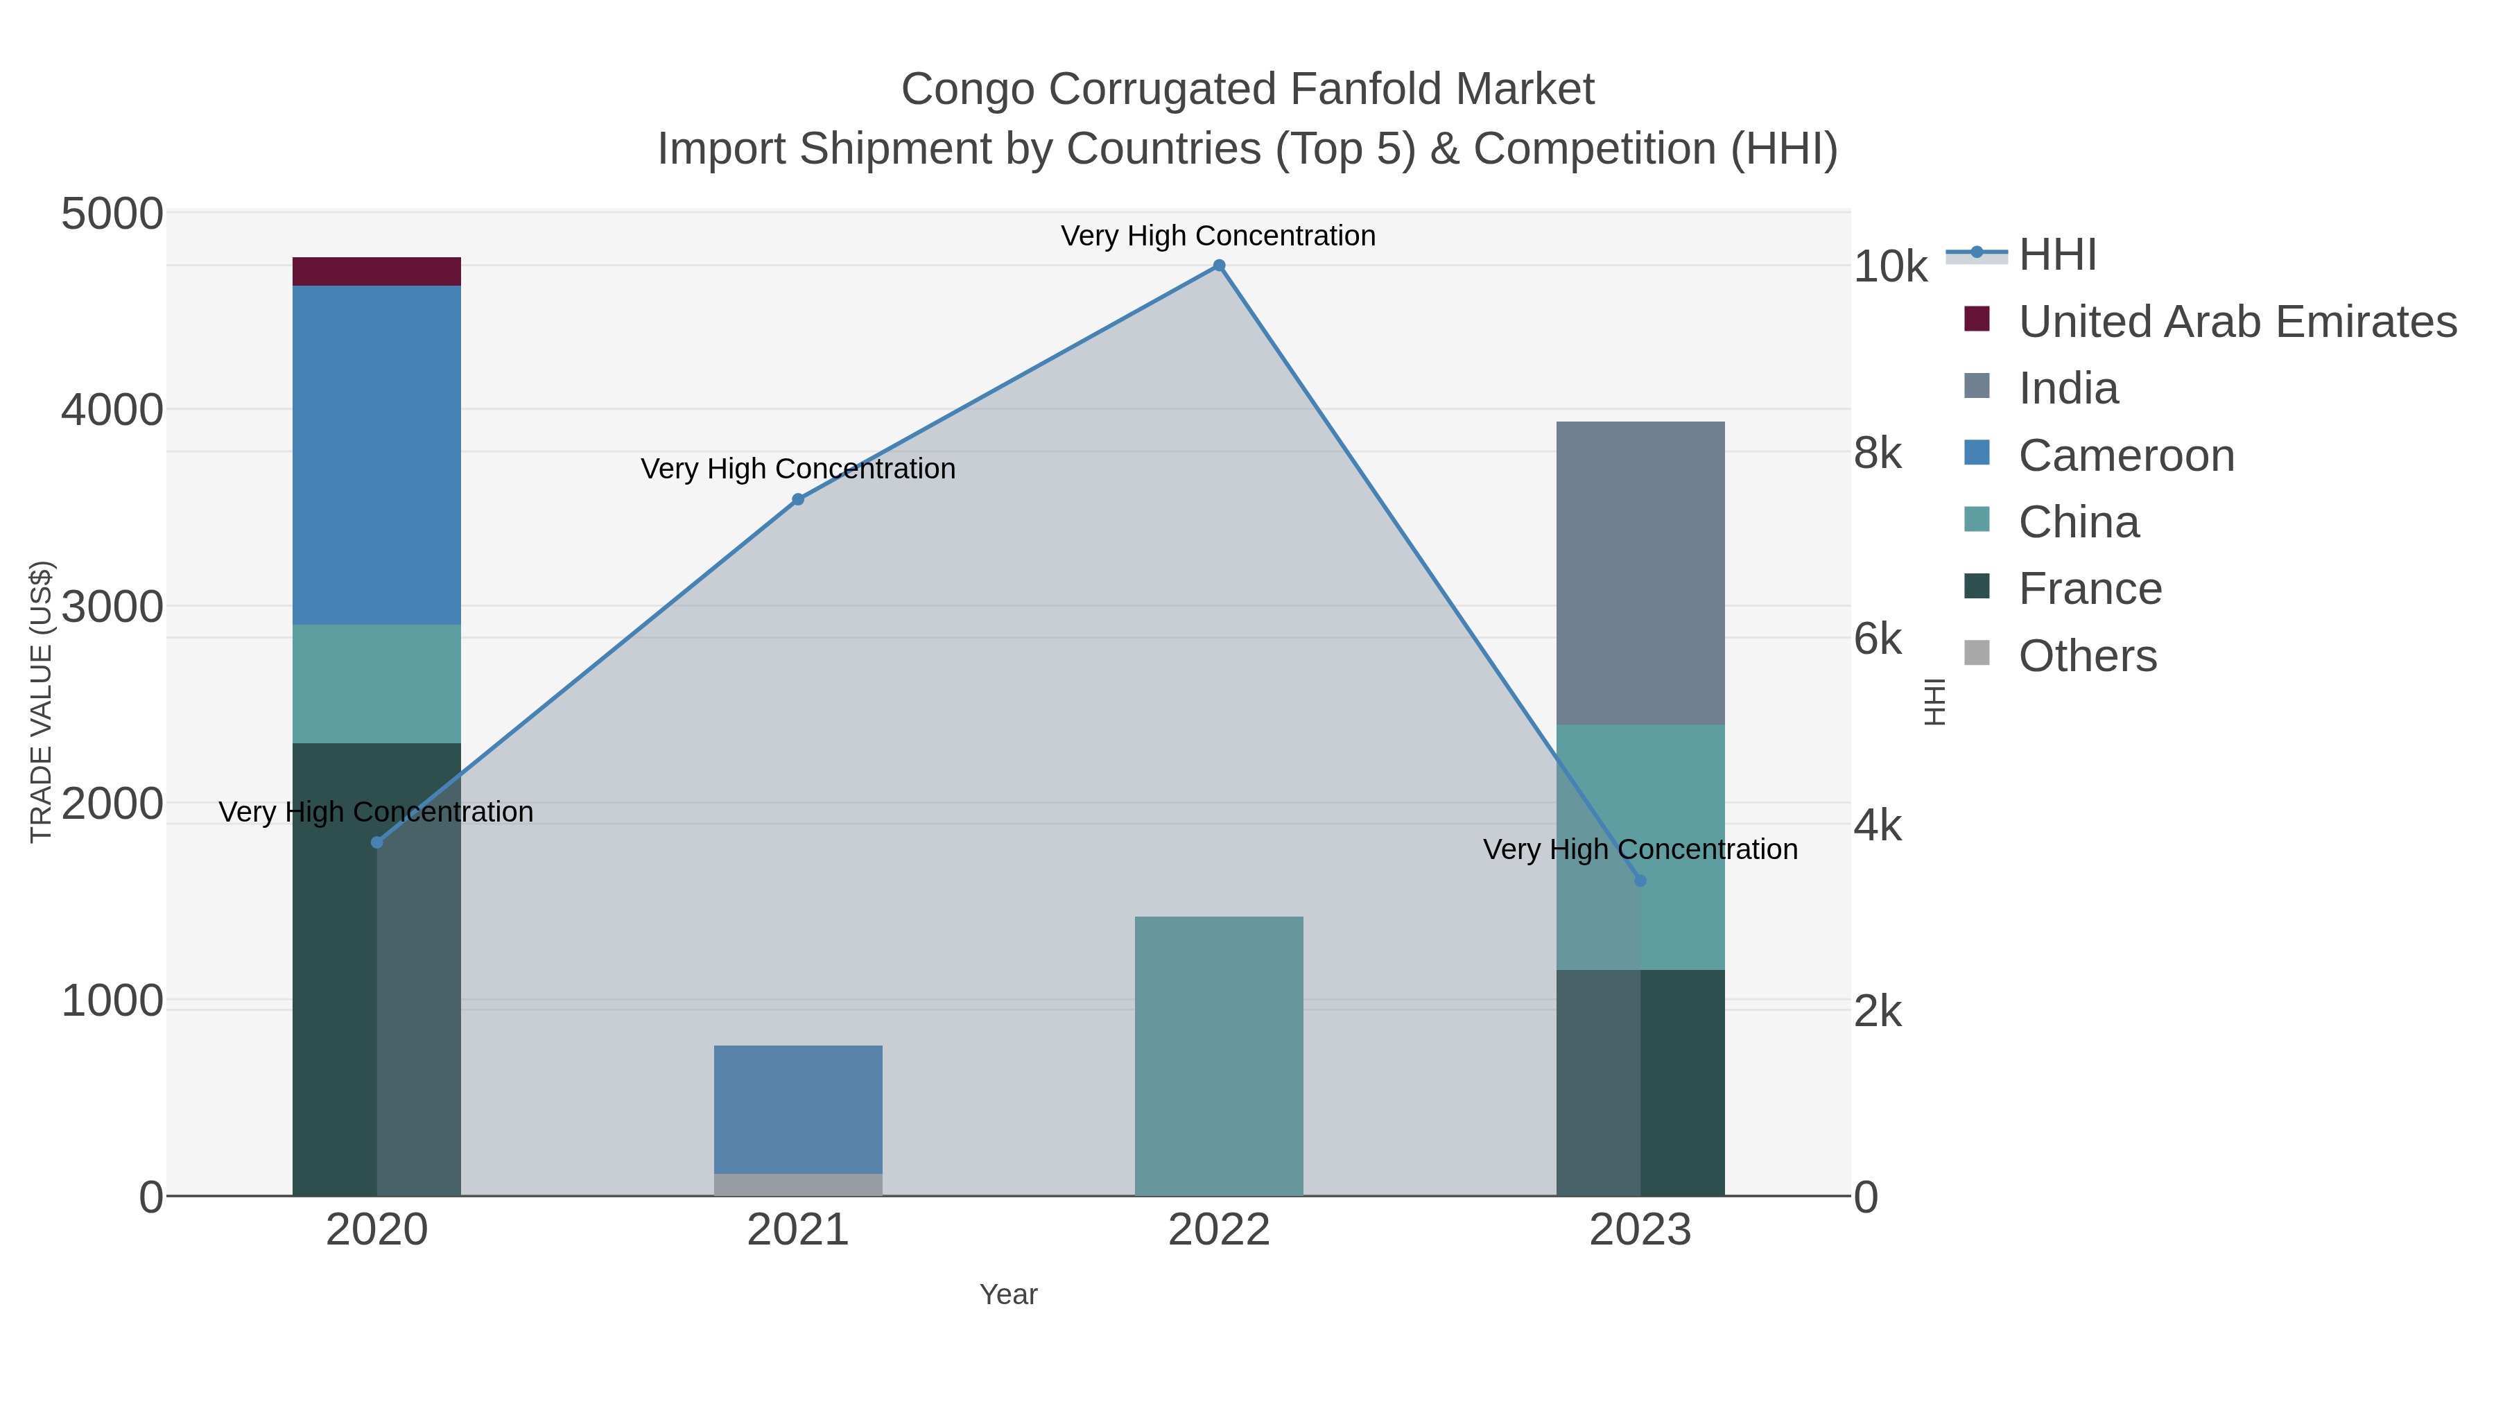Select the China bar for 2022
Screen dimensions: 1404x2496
coord(1218,1055)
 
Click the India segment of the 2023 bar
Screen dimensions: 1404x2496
coord(1640,573)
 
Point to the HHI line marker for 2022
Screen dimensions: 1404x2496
coord(1219,266)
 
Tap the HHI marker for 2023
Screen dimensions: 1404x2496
coord(1640,880)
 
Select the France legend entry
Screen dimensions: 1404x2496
coord(2089,589)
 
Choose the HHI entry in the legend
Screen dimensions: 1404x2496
coord(2056,255)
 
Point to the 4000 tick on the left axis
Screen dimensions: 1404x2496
coord(112,410)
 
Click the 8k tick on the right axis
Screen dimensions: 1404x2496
coord(1878,453)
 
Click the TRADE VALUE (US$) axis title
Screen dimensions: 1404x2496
coord(41,702)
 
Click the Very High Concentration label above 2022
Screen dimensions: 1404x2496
coord(1218,236)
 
